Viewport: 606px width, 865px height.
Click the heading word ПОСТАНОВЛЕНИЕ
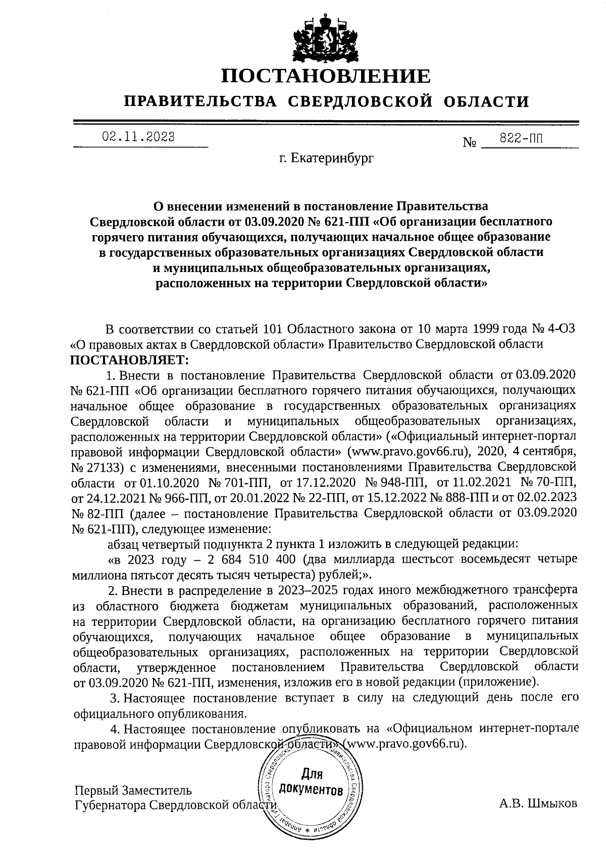click(326, 76)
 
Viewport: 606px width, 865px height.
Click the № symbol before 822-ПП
click(470, 143)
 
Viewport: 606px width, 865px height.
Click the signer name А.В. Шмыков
click(537, 803)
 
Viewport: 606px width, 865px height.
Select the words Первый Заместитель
click(133, 789)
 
